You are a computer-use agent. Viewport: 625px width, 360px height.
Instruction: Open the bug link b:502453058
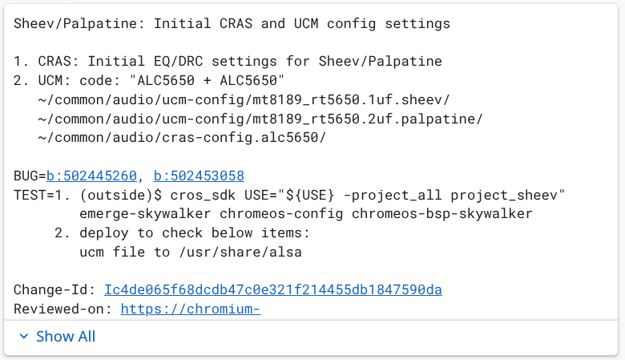click(199, 176)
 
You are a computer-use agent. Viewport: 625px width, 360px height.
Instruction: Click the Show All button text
click(66, 337)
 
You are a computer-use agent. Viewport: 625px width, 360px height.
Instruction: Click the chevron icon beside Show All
click(23, 337)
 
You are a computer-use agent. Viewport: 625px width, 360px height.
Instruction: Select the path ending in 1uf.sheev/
click(244, 99)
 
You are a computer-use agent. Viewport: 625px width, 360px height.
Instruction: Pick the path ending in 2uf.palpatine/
click(259, 119)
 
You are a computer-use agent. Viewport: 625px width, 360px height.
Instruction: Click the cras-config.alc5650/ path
click(180, 138)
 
